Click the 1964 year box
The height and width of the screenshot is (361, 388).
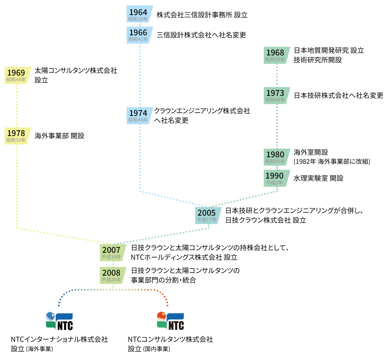point(139,14)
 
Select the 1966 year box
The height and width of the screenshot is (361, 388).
point(139,35)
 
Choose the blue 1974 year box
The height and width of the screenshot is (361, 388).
point(139,115)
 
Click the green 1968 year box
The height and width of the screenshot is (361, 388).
point(276,55)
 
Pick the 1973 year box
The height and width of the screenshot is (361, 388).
point(276,95)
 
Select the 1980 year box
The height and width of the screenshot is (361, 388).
point(276,157)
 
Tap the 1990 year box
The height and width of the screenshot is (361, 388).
point(276,178)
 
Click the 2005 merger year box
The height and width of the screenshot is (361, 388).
point(208,215)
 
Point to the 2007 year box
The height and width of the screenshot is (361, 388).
point(112,252)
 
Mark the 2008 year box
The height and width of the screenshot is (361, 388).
point(112,275)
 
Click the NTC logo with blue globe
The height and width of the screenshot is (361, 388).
point(59,321)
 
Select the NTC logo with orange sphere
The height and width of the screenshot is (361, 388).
point(171,321)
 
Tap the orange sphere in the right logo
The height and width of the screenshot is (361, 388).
point(162,316)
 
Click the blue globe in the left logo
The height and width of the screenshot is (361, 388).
point(51,316)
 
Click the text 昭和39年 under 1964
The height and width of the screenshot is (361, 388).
point(138,19)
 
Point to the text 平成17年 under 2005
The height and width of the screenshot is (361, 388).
point(207,220)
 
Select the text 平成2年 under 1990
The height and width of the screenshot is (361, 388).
point(274,183)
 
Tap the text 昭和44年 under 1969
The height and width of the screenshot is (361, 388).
point(16,80)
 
